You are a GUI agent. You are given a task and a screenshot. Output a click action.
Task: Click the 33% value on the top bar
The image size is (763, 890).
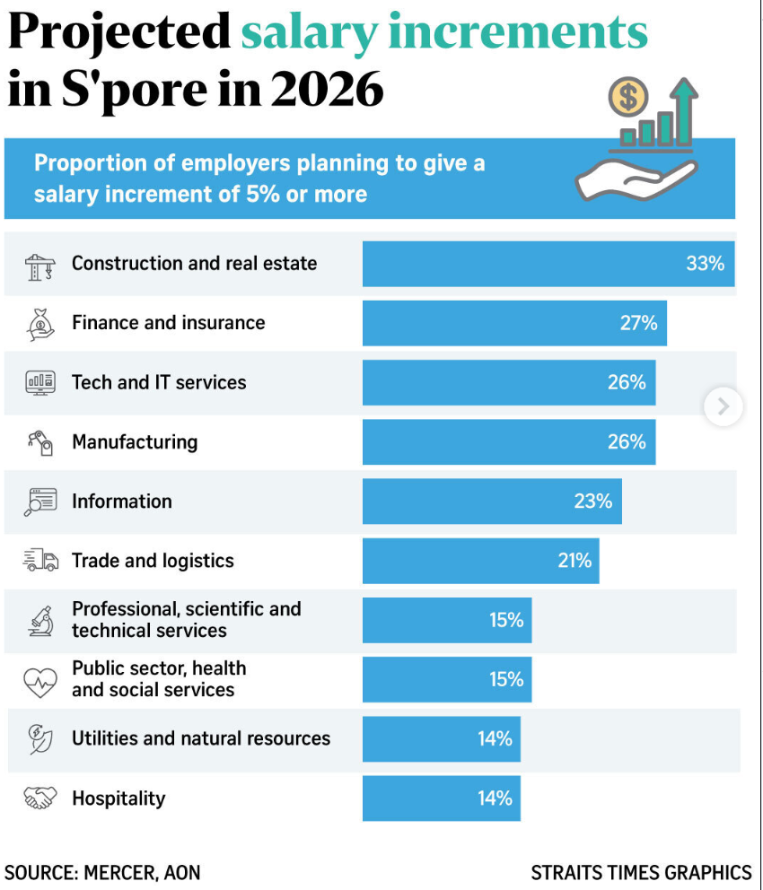(x=705, y=264)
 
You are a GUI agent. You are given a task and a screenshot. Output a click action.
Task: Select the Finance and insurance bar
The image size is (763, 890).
(x=513, y=323)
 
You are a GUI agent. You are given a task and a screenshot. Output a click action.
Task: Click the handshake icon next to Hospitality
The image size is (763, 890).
(x=40, y=798)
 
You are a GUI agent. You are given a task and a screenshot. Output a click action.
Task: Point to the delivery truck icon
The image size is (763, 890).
(x=40, y=561)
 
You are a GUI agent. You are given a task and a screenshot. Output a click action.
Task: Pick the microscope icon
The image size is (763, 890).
(x=40, y=620)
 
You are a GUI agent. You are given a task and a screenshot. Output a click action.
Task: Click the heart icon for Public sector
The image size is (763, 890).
(x=40, y=680)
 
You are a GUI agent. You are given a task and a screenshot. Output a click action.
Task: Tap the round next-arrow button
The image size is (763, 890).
(x=724, y=407)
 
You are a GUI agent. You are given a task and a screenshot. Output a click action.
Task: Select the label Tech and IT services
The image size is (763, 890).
(x=159, y=382)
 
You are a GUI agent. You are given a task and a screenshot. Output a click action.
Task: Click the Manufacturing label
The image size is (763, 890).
(x=135, y=441)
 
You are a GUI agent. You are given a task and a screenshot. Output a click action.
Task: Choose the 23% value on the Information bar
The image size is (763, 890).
(x=592, y=502)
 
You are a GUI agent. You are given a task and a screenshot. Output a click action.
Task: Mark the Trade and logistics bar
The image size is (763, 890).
(x=480, y=561)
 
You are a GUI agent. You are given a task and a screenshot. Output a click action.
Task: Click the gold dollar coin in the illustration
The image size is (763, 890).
(x=627, y=97)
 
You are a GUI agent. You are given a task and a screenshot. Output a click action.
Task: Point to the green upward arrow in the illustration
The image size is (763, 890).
(x=685, y=108)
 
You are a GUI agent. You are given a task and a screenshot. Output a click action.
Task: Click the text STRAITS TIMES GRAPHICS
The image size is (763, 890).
(x=641, y=871)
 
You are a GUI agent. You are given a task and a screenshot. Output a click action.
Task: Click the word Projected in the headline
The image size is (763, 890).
(x=118, y=33)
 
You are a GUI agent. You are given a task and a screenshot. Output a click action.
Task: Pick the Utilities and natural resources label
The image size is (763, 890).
(x=201, y=738)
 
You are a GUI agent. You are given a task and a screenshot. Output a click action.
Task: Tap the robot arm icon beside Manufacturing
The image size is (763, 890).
(x=40, y=441)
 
